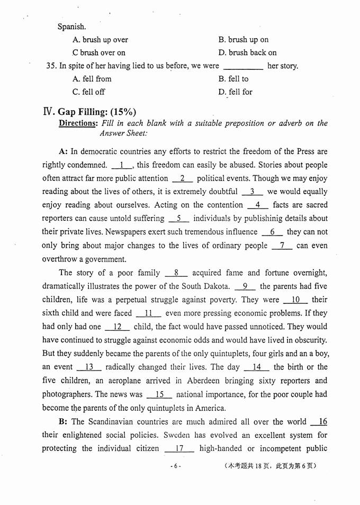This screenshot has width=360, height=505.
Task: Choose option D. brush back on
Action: coord(247,52)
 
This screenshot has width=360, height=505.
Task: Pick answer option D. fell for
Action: coord(235,92)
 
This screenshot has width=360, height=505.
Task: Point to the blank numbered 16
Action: coord(320,422)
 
